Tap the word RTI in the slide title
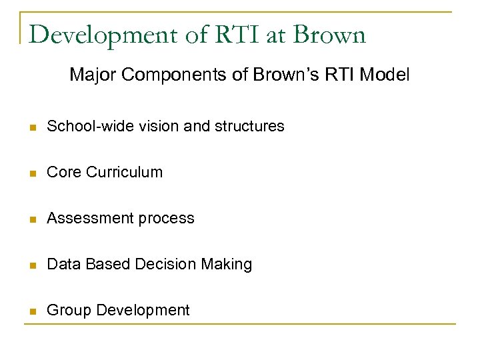tap(233, 35)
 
